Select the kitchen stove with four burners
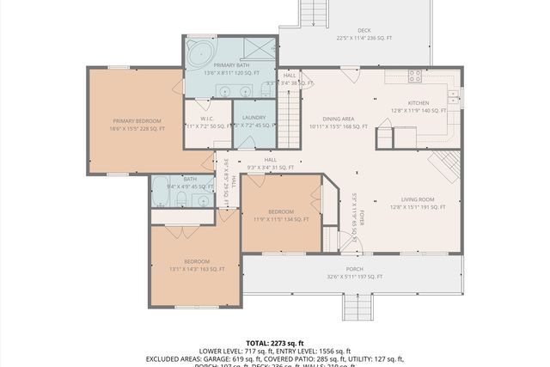point(414,76)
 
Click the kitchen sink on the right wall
point(454,95)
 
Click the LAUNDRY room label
point(253,117)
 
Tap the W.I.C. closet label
point(207,119)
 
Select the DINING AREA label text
point(338,119)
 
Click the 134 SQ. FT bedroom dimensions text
point(281,219)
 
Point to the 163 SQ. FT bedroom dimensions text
point(195,269)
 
